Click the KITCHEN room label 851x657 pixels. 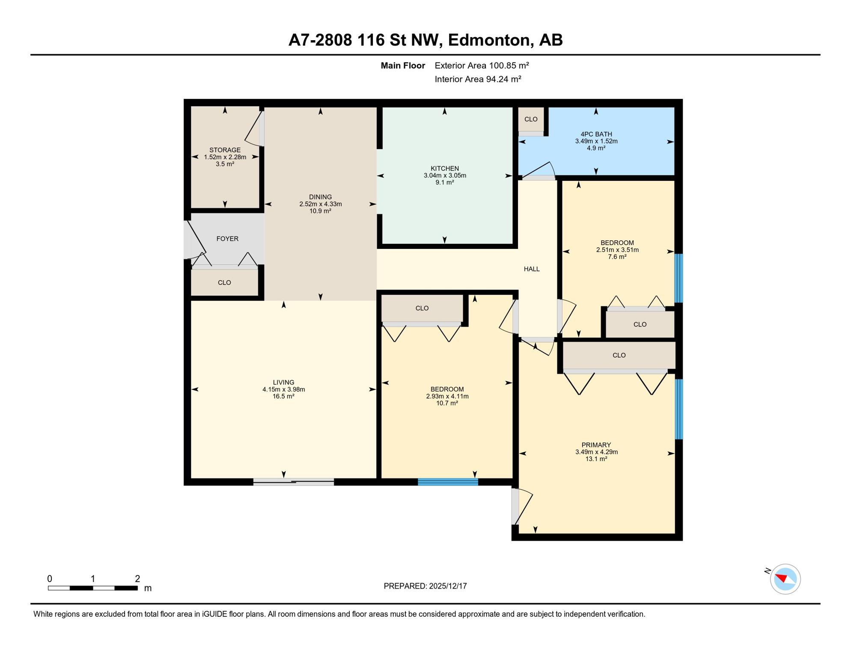tap(445, 169)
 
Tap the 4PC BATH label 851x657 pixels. tap(596, 134)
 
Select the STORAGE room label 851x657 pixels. tap(225, 150)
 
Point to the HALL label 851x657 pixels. tap(532, 269)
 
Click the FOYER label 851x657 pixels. tap(227, 239)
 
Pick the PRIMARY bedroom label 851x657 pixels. tap(596, 445)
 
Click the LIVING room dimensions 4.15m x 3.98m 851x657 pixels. tap(283, 390)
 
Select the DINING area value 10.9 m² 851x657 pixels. tap(320, 211)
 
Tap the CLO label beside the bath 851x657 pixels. tap(531, 119)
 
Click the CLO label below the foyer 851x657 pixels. tap(224, 283)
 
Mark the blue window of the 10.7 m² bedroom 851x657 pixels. tap(448, 482)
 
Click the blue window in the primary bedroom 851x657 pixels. tap(678, 409)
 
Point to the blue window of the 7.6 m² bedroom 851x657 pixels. tap(678, 278)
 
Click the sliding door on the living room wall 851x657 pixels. tap(294, 482)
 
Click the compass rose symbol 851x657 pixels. tap(785, 579)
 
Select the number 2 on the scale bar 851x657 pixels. tap(137, 579)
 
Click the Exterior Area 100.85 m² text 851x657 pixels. tap(482, 65)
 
